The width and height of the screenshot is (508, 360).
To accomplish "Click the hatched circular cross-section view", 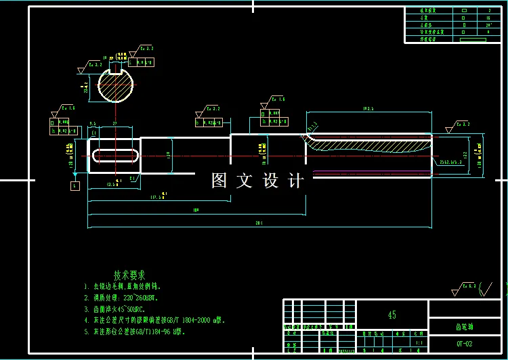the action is [116, 86].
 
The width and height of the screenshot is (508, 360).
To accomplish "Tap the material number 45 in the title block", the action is [391, 315].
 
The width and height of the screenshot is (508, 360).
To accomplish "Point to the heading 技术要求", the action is [129, 275].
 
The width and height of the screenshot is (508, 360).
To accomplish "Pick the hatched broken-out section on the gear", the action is [369, 141].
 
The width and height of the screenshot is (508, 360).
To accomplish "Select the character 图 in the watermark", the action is [218, 181].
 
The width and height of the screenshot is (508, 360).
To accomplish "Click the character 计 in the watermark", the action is [297, 181].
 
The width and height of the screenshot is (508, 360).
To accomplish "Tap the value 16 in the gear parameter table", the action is [488, 18].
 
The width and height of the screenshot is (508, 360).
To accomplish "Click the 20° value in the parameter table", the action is [488, 25].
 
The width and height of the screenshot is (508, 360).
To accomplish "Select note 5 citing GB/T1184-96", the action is [134, 332].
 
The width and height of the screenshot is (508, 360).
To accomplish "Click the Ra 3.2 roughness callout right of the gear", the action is [459, 126].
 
